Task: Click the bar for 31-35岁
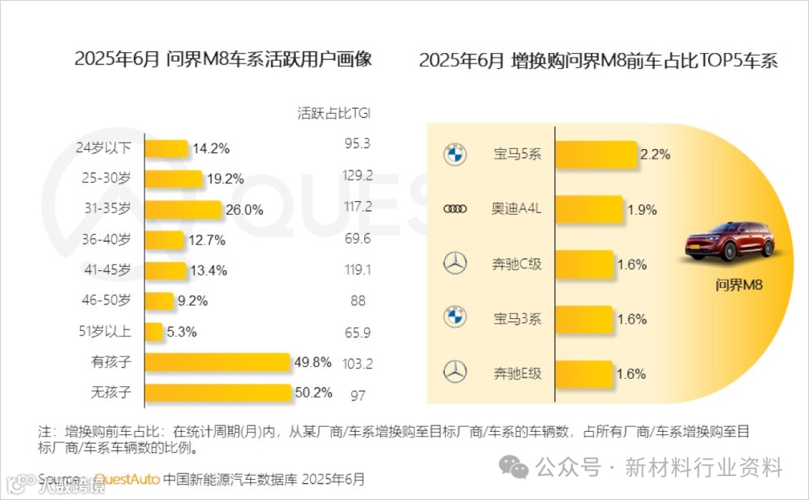click(x=183, y=210)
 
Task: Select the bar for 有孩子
click(x=216, y=363)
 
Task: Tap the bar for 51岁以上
click(x=153, y=332)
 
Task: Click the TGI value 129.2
click(x=357, y=175)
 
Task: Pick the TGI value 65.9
click(x=357, y=332)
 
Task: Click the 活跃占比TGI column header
click(x=334, y=114)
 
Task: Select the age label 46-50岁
click(x=106, y=301)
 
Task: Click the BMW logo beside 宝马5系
click(x=455, y=155)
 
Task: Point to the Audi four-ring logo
click(x=455, y=210)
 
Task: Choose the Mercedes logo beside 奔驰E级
click(x=455, y=371)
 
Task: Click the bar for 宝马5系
click(x=596, y=155)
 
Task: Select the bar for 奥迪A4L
click(x=589, y=210)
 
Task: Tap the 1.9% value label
click(x=642, y=210)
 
